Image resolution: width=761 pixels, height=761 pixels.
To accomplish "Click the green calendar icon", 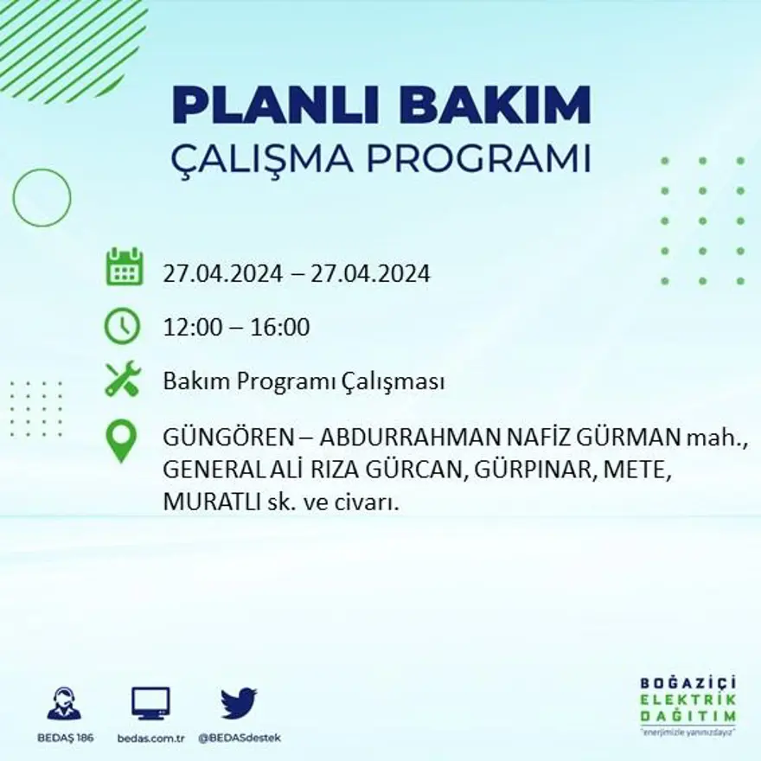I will pos(124,267).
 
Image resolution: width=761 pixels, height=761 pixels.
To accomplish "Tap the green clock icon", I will pos(122,326).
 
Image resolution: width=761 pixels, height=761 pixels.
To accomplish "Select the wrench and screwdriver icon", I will pos(122,379).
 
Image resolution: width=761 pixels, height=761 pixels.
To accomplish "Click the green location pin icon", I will pos(121,439).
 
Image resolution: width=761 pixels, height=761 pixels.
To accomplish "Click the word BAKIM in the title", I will pos(499,106).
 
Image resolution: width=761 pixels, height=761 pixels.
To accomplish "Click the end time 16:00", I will pos(280,328).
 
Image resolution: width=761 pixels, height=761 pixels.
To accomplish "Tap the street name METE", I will pos(636,472).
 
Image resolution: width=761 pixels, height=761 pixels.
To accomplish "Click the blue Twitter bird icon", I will pos(239,702).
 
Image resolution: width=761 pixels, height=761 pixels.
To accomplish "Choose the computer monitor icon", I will pos(150,703).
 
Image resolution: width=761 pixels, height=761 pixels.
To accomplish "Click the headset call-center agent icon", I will pos(64,703).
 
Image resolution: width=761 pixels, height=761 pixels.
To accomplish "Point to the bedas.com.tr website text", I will pos(151,738).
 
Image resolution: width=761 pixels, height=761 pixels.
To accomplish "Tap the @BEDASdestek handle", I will pos(240,738).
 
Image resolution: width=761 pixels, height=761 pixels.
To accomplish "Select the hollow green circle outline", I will pos(42,198).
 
